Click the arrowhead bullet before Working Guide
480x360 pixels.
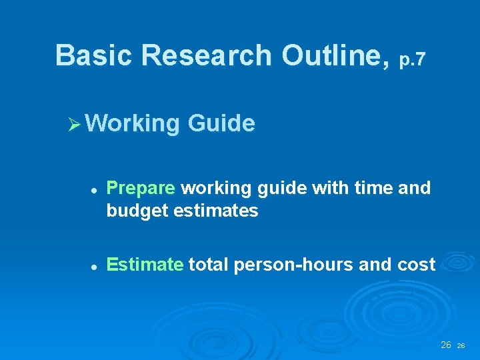point(74,124)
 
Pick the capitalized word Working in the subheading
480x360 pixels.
point(132,124)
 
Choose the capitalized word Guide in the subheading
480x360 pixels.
point(221,123)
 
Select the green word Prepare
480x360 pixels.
point(141,189)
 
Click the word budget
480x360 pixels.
point(137,211)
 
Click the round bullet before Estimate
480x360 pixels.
point(95,266)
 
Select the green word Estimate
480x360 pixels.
point(145,265)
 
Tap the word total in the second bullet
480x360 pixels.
point(208,265)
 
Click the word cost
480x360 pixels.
point(413,265)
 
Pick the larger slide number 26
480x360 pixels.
point(446,345)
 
